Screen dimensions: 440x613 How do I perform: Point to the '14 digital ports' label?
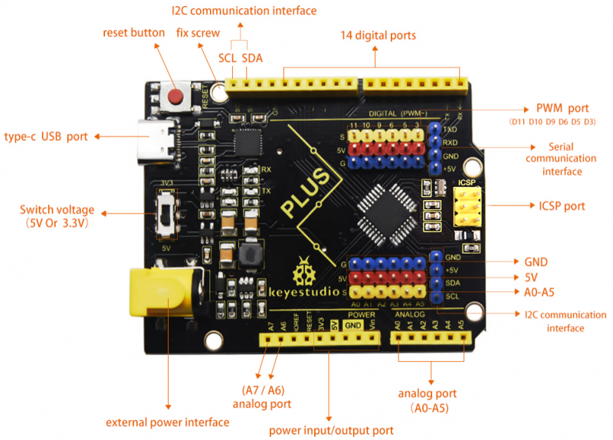pyautogui.click(x=379, y=35)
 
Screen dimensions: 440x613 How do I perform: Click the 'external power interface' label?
pyautogui.click(x=167, y=422)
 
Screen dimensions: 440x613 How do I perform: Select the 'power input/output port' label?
pyautogui.click(x=331, y=430)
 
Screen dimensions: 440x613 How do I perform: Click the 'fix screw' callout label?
pyautogui.click(x=198, y=33)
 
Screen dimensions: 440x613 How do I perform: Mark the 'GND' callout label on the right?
pyautogui.click(x=536, y=261)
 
